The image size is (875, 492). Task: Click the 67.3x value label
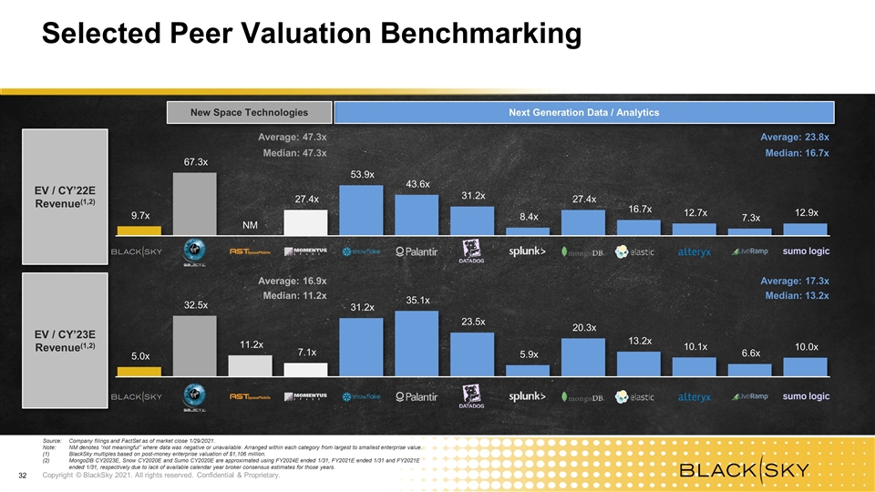[195, 162]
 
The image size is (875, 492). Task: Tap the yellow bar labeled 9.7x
[139, 231]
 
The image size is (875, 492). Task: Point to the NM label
[251, 225]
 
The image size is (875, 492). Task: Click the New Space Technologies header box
[248, 112]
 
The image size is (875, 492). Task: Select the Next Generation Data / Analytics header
[583, 112]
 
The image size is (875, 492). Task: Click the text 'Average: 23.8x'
[794, 137]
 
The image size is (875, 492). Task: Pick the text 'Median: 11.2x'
[294, 295]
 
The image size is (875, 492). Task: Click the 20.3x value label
[584, 327]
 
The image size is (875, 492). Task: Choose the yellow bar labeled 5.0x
[139, 371]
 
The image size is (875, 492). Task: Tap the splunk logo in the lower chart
[528, 396]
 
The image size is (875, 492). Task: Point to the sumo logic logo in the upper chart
[806, 251]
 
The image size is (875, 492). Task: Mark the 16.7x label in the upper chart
[640, 209]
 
